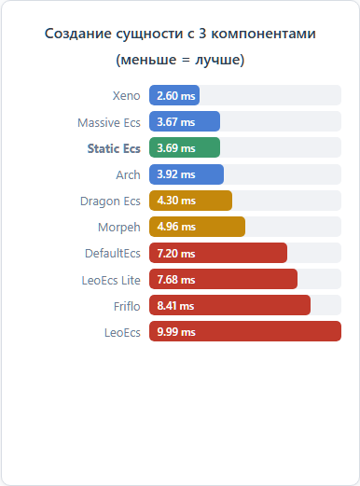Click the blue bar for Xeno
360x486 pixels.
pos(174,95)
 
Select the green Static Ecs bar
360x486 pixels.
pos(185,147)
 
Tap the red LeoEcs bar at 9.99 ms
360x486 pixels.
pos(245,331)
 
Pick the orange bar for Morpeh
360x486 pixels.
pos(197,227)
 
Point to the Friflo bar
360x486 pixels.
pos(229,305)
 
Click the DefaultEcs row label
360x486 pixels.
pos(113,254)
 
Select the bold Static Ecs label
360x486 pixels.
pos(114,148)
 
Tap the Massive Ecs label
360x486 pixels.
pos(109,123)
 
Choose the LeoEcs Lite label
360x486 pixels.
pos(111,281)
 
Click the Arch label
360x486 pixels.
pos(128,175)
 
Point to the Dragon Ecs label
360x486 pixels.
pos(110,201)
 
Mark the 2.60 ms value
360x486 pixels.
pos(176,96)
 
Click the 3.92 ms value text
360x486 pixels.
pos(176,174)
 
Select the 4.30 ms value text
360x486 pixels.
pos(176,201)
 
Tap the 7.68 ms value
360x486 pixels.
pos(176,280)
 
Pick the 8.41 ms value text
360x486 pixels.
pos(175,306)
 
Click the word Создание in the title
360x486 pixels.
pos(77,34)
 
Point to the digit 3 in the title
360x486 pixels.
pos(202,34)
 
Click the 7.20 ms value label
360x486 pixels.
pos(176,254)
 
